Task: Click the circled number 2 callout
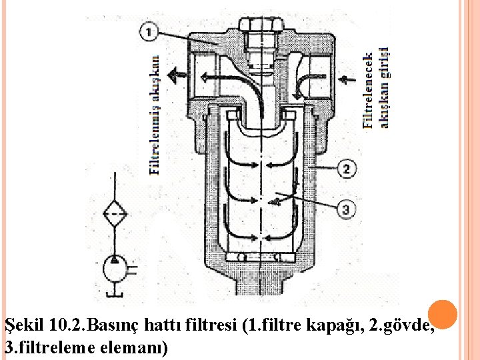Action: pos(347,169)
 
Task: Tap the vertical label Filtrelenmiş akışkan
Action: pos(154,114)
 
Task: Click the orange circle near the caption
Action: pos(441,315)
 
